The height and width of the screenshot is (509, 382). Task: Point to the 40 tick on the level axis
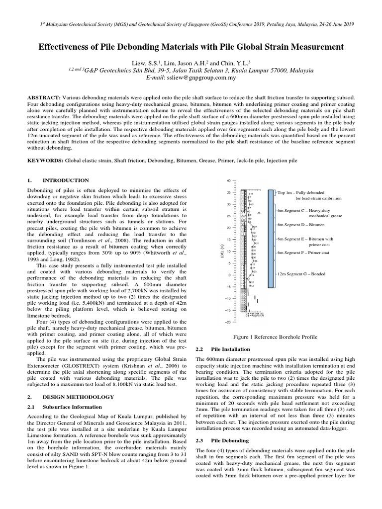click(228, 180)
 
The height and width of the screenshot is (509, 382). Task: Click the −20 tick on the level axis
click(227, 322)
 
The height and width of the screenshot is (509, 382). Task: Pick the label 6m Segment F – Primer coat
click(303, 253)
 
